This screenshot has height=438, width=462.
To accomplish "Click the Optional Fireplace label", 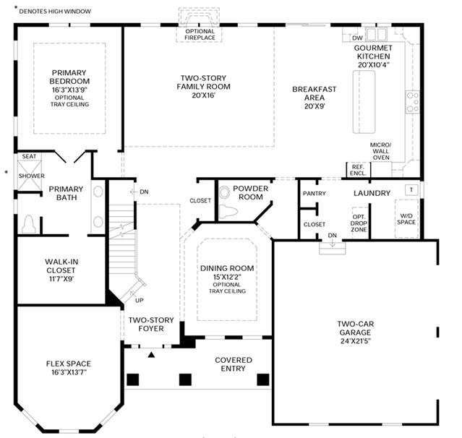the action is (200, 35).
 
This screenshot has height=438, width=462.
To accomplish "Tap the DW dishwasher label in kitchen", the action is (357, 38).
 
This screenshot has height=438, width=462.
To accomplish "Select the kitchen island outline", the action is (364, 102).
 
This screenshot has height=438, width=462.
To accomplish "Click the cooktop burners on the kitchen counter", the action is (413, 102).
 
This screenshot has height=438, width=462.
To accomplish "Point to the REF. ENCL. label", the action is (358, 170).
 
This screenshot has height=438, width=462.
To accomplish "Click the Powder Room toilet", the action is (228, 212).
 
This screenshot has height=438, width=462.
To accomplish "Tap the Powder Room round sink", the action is (224, 193).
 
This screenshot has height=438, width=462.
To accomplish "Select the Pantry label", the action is (314, 194).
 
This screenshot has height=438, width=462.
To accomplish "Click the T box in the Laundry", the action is (411, 189).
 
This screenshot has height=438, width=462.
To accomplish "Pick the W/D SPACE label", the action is (406, 219).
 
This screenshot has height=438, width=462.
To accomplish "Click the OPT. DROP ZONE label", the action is (359, 223).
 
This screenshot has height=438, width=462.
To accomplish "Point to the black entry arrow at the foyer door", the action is (151, 355).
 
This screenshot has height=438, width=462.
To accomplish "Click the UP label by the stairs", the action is (139, 301).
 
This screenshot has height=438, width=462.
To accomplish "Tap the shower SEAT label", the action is (29, 156).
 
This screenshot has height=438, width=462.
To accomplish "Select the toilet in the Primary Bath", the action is (29, 224).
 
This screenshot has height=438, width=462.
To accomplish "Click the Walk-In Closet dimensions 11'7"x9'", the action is (61, 278).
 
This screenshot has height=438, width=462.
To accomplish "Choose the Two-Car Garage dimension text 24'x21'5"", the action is (355, 341).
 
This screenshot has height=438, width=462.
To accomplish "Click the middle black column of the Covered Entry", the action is (185, 379).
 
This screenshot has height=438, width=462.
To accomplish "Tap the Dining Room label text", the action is (227, 268).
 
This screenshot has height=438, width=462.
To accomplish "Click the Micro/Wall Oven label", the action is (381, 151).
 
